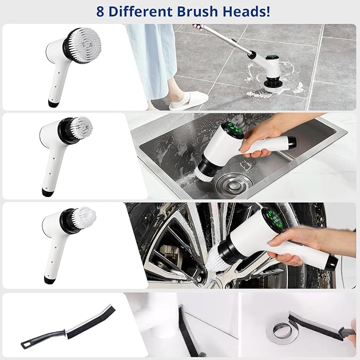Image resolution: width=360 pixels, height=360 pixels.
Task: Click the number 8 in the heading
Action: click(100, 12)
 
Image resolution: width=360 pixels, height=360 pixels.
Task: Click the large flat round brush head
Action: click(84, 46)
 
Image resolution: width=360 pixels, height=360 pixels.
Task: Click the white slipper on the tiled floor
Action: click(188, 101)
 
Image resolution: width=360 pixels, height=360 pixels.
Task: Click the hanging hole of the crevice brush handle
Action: click(24, 345)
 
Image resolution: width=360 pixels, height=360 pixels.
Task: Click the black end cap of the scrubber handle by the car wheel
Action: click(332, 264)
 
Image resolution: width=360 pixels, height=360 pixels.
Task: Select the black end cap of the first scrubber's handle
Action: click(53, 103)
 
